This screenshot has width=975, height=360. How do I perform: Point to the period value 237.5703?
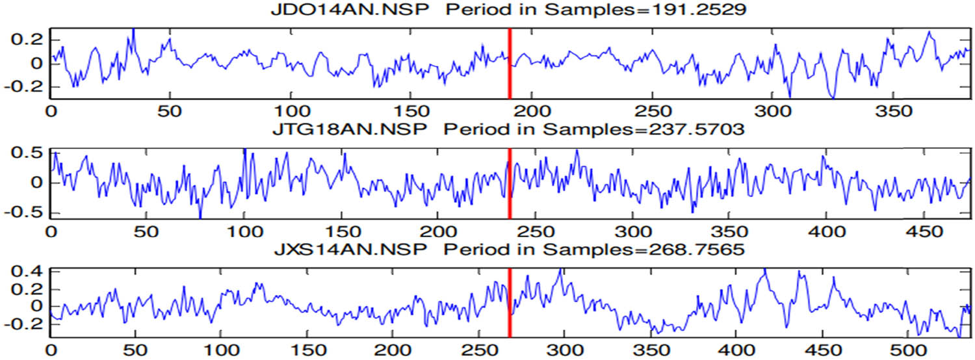click(699, 130)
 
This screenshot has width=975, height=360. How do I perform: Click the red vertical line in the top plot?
click(510, 63)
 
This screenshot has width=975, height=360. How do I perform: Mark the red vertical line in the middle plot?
click(510, 183)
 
